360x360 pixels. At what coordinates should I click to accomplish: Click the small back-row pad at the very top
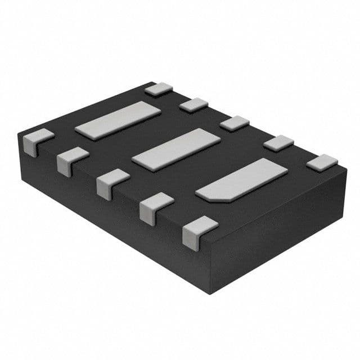click(x=158, y=88)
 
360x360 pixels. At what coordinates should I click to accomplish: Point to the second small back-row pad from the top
click(x=193, y=105)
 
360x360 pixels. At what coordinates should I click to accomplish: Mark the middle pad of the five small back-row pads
click(x=234, y=123)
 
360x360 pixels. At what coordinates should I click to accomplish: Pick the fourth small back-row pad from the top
click(x=278, y=142)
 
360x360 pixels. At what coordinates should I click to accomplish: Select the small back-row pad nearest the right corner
click(x=322, y=163)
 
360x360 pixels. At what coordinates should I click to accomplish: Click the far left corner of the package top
click(x=19, y=134)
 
